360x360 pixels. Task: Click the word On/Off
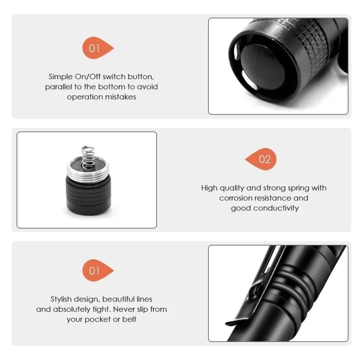pos(87,76)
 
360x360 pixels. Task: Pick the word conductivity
pos(276,208)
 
